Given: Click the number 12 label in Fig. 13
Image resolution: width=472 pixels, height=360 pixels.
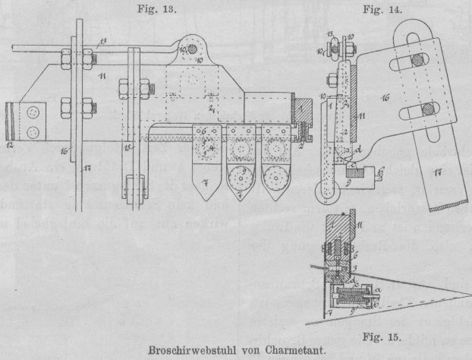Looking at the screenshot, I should pos(11,144).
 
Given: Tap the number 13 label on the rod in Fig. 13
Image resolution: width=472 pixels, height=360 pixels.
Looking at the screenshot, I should pos(104,39).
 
